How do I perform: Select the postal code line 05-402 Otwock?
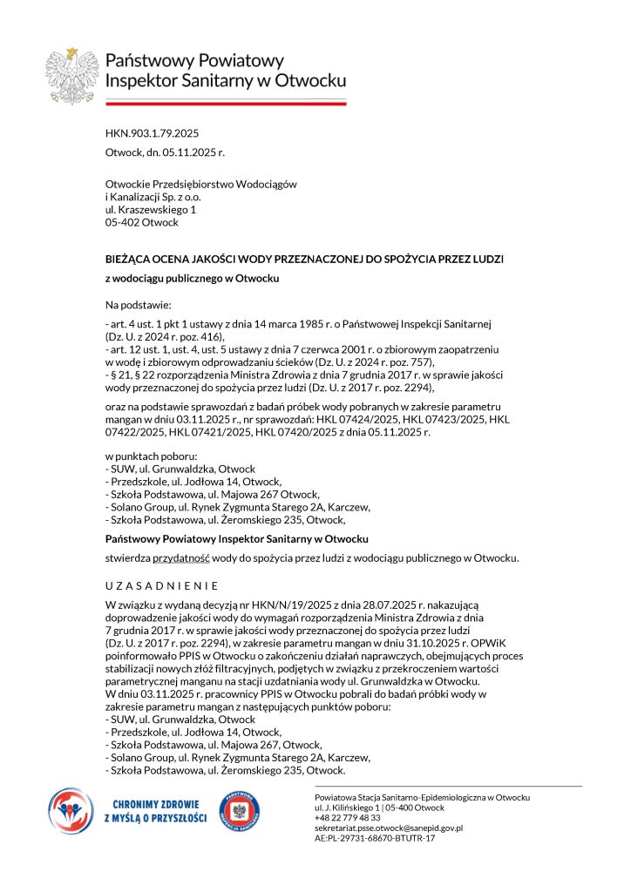(x=141, y=222)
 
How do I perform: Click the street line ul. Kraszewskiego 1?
(x=150, y=210)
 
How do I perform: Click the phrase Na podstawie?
(x=139, y=306)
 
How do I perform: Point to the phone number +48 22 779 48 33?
(x=348, y=818)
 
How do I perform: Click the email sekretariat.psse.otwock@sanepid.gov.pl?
(x=389, y=828)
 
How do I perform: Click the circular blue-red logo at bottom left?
(x=70, y=811)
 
